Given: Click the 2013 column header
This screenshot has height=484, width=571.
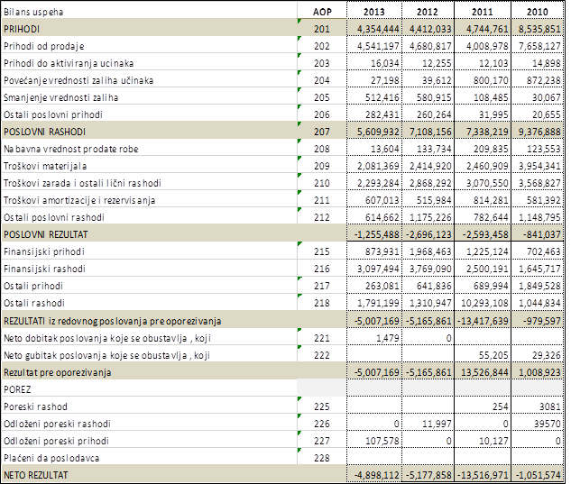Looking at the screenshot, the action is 373,12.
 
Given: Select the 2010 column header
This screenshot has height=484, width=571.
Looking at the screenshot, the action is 537,12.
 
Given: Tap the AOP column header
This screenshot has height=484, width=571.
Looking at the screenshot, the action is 322,12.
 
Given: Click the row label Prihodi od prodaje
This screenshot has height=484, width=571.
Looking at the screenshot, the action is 44,46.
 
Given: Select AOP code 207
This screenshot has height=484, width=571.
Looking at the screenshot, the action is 322,132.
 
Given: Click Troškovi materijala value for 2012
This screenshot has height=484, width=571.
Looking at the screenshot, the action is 430,166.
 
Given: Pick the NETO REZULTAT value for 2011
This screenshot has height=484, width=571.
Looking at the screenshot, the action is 483,475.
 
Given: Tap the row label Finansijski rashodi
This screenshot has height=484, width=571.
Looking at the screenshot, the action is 44,269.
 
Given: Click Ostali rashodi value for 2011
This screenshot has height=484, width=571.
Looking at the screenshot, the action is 484,303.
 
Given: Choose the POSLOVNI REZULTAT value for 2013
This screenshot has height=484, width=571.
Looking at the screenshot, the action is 377,234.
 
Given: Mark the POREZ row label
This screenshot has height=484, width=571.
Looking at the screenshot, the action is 17,389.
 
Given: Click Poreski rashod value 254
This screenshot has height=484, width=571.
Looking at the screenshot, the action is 501,406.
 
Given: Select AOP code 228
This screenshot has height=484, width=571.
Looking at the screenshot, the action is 322,458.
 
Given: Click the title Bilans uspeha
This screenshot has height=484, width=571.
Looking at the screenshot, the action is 33,12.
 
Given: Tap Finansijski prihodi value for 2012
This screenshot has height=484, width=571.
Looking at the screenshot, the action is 430,251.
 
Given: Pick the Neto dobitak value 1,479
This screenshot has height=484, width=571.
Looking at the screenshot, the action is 388,338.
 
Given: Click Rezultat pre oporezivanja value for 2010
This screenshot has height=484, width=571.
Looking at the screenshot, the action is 539,372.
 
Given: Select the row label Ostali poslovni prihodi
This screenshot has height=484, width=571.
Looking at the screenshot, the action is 53,114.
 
